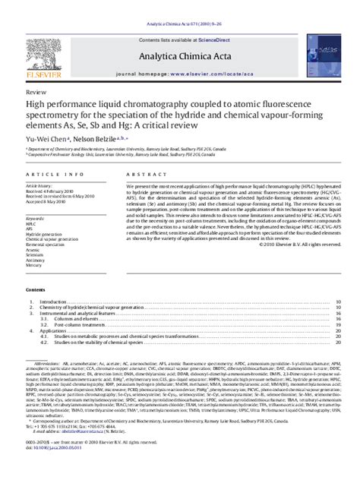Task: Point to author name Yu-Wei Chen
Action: (x=47, y=139)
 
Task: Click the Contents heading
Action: (x=36, y=291)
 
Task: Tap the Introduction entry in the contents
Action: (x=54, y=302)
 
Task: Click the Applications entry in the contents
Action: (x=53, y=331)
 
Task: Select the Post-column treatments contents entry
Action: (x=74, y=325)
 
